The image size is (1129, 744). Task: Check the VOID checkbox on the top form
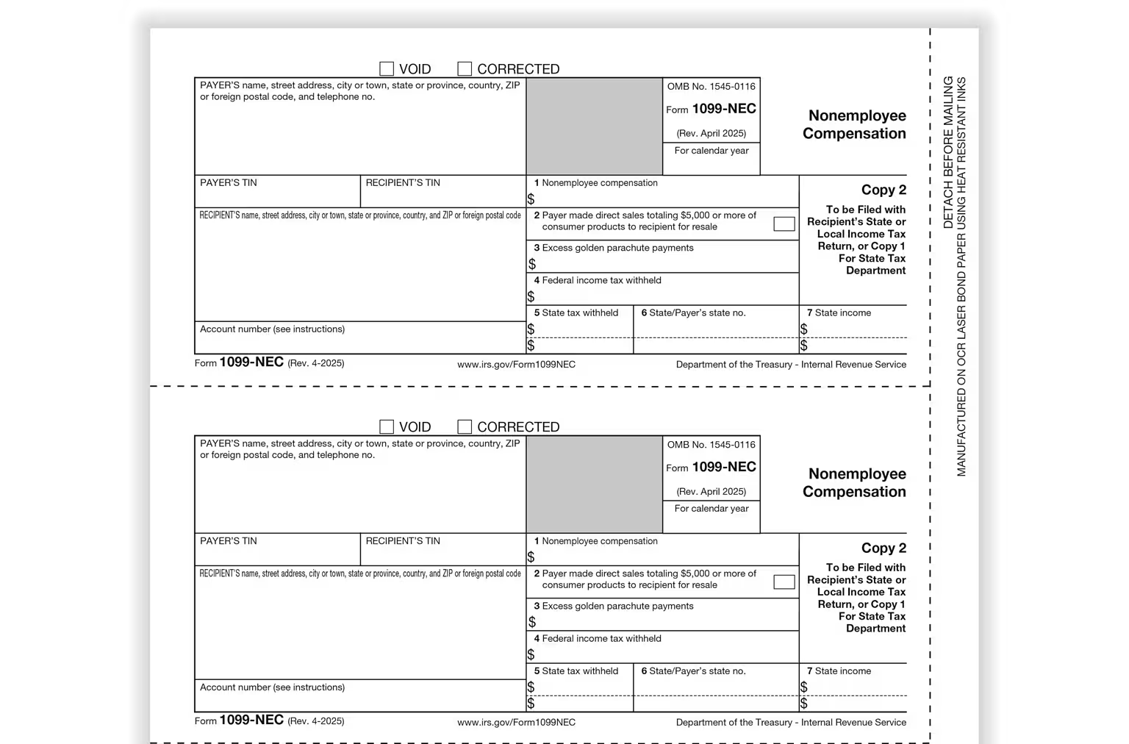pyautogui.click(x=387, y=69)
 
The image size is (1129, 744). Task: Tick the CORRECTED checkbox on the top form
pyautogui.click(x=465, y=69)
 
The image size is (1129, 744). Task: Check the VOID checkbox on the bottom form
pyautogui.click(x=387, y=427)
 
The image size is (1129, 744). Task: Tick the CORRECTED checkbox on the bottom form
pyautogui.click(x=465, y=427)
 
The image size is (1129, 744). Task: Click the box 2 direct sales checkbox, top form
pyautogui.click(x=784, y=224)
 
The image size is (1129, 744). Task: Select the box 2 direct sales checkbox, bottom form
pyautogui.click(x=784, y=582)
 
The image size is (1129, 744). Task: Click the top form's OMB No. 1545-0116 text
pyautogui.click(x=711, y=87)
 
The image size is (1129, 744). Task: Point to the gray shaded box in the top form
pyautogui.click(x=594, y=126)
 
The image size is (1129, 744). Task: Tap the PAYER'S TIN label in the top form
pyautogui.click(x=229, y=183)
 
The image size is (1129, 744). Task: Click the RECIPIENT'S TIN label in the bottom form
pyautogui.click(x=403, y=541)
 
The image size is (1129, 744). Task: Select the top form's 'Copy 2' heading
pyautogui.click(x=884, y=190)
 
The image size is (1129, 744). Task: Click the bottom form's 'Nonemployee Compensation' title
pyautogui.click(x=855, y=483)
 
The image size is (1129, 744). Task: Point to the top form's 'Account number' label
pyautogui.click(x=272, y=329)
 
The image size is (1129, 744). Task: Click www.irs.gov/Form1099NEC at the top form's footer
pyautogui.click(x=516, y=365)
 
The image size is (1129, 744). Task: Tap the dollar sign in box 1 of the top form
pyautogui.click(x=531, y=199)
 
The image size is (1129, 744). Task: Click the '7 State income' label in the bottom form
pyautogui.click(x=839, y=671)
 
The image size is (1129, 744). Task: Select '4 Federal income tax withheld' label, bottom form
pyautogui.click(x=598, y=639)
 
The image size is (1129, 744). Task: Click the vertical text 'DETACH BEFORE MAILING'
pyautogui.click(x=948, y=152)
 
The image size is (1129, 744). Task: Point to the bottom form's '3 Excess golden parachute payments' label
pyautogui.click(x=614, y=607)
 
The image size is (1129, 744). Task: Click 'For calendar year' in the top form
pyautogui.click(x=712, y=151)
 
